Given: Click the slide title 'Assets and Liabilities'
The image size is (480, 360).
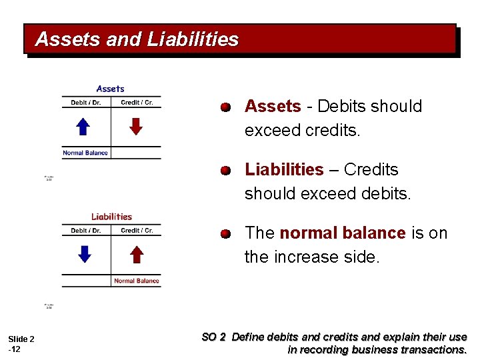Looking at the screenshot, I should coord(137,39).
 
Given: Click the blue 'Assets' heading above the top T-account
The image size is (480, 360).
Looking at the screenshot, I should coord(110,89).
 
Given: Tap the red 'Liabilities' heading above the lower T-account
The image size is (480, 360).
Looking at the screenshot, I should coord(111,216).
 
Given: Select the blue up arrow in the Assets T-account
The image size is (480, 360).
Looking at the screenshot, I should coord(82,127).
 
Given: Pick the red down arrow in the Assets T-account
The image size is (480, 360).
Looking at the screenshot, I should coord(136,127).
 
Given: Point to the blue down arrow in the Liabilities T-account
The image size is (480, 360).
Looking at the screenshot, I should coord(84,254).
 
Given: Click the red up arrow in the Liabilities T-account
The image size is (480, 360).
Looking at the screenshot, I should coord(136,254).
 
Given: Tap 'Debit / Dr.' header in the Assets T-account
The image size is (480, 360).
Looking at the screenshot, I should coord(86,103).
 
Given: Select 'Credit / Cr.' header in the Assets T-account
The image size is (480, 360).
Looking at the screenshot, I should coord(137,103).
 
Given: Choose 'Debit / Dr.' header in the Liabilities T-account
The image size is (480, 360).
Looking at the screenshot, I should coord(86,231).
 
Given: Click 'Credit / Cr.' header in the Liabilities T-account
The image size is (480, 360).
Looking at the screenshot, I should coord(137,231).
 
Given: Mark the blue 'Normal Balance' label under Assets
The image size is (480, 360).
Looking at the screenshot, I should coord(85,153).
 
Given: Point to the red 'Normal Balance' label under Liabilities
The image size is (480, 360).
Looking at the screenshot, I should coord(137,281).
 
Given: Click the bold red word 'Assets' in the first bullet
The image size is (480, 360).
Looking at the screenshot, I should coord(273,107).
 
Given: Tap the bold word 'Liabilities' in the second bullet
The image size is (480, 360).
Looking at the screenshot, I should coord(284,170).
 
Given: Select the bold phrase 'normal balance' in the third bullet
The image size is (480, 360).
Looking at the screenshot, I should coord(343,233).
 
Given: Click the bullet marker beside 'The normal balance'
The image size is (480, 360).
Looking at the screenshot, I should coord(227,234).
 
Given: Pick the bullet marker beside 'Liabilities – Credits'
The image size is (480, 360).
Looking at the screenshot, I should coord(227,171).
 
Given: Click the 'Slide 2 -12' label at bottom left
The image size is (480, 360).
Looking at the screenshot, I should coord(21,344).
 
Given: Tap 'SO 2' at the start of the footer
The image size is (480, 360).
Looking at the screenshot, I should coord(213,337).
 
